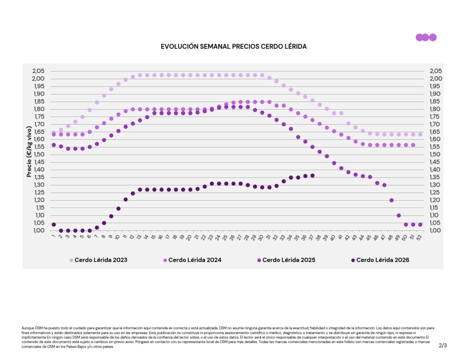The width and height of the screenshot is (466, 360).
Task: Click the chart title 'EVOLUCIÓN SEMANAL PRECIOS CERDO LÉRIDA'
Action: (233, 47)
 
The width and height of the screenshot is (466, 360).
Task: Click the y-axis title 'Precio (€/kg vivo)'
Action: (29, 152)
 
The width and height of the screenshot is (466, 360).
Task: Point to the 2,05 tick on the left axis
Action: (38, 71)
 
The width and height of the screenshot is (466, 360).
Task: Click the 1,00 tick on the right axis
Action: (436, 230)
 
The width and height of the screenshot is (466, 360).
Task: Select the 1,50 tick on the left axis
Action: (39, 154)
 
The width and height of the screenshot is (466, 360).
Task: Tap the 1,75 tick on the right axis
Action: (436, 117)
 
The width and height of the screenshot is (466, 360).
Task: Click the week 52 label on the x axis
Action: (419, 237)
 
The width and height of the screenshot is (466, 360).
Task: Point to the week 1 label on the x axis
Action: (54, 236)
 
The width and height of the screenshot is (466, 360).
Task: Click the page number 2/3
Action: (442, 345)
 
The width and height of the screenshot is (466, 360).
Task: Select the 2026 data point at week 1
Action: (54, 224)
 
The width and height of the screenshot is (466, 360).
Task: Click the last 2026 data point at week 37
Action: (312, 176)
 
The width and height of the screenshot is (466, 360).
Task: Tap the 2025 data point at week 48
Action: (391, 200)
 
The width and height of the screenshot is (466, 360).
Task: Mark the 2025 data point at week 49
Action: (399, 216)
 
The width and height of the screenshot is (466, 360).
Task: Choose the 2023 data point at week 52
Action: (420, 135)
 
